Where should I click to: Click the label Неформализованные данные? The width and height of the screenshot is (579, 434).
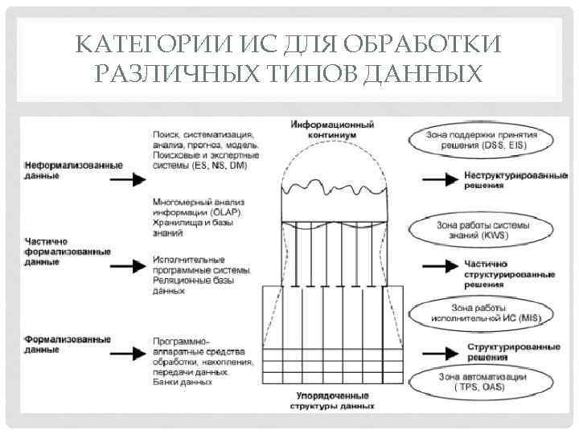[73, 170]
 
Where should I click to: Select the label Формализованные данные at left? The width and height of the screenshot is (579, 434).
[67, 344]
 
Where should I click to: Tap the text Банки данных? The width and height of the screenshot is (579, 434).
[183, 383]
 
